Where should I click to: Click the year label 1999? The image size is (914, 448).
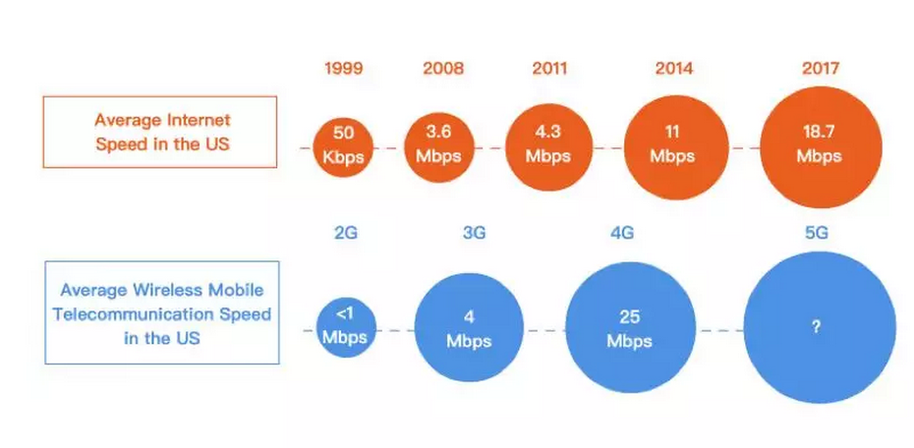coord(344,69)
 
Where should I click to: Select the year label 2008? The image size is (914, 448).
coord(443,69)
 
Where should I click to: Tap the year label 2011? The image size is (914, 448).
coord(549,69)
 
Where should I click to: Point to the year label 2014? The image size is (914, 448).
coord(674,69)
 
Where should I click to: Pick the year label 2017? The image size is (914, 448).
coord(821,69)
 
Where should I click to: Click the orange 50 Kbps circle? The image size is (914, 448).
coord(343,148)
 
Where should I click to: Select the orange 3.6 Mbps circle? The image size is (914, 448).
coord(439,148)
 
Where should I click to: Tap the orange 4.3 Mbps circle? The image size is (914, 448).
coord(548,148)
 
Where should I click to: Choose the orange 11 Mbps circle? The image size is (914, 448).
coord(676,148)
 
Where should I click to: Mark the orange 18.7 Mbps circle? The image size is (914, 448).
coord(821,147)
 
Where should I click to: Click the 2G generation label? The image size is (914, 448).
coord(346,234)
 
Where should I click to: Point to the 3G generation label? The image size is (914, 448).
coord(474,234)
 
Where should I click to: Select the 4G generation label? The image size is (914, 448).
coord(622,234)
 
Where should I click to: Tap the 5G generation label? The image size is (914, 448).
coord(816,234)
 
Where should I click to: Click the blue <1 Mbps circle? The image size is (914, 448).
coord(346,328)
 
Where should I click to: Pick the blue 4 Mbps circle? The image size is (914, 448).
coord(469,327)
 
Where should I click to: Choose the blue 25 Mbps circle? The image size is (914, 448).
coord(631,327)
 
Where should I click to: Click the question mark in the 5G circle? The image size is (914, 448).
coord(816,327)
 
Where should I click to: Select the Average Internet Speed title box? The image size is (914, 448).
coord(160,133)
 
